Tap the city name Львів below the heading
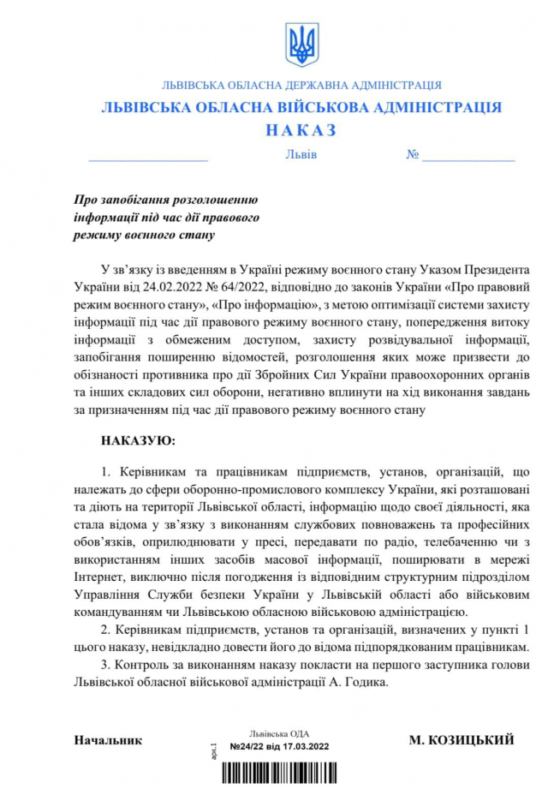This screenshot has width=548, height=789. tap(301, 155)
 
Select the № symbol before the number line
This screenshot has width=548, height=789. tap(412, 155)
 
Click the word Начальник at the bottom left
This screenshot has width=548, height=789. tap(108, 739)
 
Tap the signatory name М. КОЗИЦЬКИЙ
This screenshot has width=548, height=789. tap(461, 739)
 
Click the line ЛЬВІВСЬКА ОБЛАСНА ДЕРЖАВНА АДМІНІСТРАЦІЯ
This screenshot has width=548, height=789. tap(301, 86)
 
